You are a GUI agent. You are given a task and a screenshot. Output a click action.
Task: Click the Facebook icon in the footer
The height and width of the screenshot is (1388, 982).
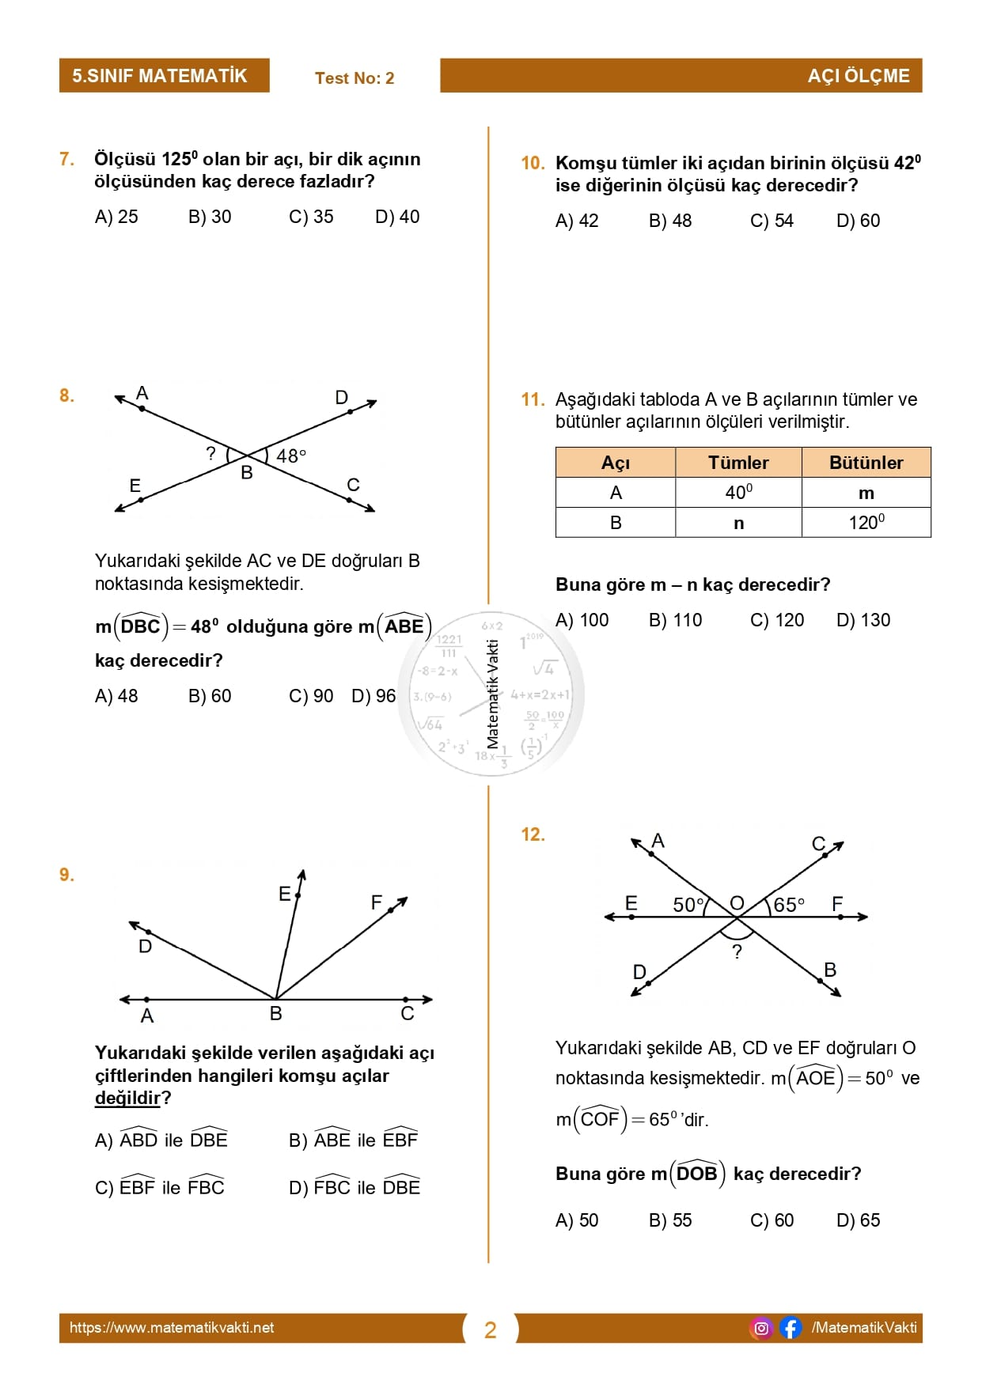(x=790, y=1328)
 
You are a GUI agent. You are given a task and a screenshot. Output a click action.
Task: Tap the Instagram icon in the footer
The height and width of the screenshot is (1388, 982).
(x=761, y=1328)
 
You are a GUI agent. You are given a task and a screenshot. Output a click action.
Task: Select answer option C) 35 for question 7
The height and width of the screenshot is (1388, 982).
(x=311, y=217)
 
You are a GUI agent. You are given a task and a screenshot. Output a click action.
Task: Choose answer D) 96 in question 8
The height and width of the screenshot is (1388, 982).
(x=373, y=696)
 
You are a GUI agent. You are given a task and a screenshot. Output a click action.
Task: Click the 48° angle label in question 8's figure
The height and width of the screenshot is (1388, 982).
(x=290, y=456)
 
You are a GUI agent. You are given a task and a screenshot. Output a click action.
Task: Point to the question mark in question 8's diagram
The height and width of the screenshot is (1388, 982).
(x=210, y=453)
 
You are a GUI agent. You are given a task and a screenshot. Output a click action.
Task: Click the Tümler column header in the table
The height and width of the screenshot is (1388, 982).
(x=738, y=463)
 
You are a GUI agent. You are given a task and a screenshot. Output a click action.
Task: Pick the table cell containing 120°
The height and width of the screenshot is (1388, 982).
(x=866, y=523)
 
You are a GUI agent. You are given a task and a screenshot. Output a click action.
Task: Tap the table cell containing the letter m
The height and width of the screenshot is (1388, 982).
(x=866, y=493)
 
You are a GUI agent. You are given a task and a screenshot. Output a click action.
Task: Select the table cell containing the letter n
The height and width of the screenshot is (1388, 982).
(x=738, y=523)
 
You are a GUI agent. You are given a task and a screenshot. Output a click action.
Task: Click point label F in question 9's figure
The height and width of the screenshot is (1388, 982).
(x=377, y=902)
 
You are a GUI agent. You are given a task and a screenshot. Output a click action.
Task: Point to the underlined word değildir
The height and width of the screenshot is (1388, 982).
(x=128, y=1098)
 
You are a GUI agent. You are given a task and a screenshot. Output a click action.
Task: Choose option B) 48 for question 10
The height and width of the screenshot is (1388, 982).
(x=670, y=221)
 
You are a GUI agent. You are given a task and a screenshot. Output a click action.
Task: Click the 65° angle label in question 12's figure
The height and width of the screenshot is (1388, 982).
(x=788, y=905)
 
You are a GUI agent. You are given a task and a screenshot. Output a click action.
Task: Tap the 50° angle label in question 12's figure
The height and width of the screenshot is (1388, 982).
(x=688, y=905)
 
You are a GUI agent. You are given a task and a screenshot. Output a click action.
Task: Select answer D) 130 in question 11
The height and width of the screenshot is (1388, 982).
(x=863, y=620)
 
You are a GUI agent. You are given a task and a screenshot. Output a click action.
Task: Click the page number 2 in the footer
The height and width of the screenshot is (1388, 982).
(x=491, y=1330)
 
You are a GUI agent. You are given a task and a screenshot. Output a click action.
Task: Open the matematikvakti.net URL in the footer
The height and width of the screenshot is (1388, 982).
(x=172, y=1328)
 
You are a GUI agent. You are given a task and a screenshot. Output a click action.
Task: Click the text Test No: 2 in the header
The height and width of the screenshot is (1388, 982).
(x=355, y=78)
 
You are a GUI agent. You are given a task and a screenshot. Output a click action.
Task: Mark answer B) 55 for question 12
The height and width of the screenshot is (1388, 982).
(x=670, y=1220)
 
